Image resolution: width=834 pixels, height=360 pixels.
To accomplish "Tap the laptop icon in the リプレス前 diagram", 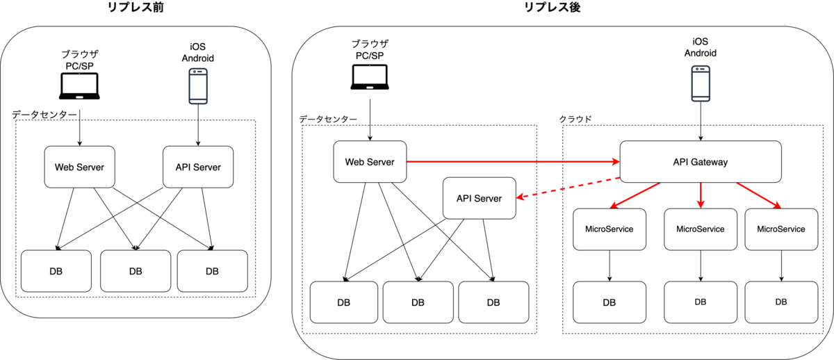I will [x=80, y=87].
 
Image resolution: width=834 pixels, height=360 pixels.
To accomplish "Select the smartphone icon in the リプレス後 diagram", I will [x=700, y=83].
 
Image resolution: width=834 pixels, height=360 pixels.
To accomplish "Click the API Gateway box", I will [x=700, y=163].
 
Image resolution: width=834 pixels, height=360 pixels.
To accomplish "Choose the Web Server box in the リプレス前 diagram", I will [x=79, y=167].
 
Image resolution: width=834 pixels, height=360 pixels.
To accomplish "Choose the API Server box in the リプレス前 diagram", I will [x=197, y=167].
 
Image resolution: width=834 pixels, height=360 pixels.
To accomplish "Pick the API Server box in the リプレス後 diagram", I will [x=479, y=198].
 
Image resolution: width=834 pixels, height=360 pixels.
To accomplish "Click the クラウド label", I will [x=575, y=119].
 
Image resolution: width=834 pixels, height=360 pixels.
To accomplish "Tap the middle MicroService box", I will [x=700, y=229].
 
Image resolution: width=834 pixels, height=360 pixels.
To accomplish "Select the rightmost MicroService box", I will [x=780, y=229].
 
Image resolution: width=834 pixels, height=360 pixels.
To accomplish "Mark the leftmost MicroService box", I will [x=609, y=229].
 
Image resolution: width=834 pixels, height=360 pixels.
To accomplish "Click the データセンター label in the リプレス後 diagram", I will [x=328, y=119].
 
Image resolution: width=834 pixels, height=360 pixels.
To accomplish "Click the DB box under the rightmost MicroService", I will [x=780, y=302].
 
